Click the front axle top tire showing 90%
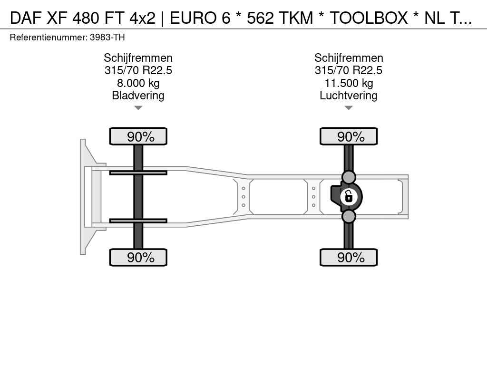tap(138, 136)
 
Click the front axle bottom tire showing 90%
tap(138, 257)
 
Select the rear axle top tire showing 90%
tap(349, 136)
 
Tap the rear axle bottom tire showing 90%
tap(349, 257)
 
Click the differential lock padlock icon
tap(349, 197)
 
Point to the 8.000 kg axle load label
tap(138, 83)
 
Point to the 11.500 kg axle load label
tap(349, 83)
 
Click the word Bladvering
tap(138, 95)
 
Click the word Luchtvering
tap(349, 95)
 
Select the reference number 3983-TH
tap(107, 38)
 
